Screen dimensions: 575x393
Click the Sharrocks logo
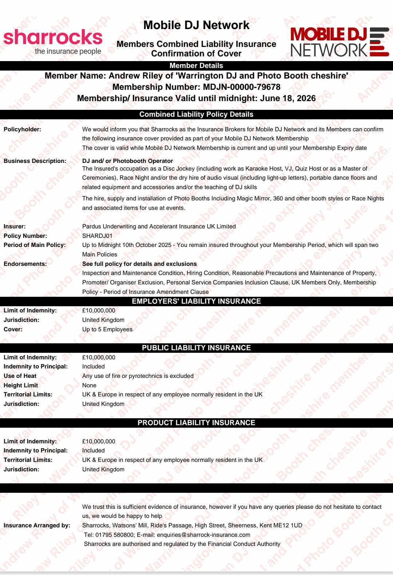coord(53,41)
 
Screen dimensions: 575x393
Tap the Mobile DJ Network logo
coord(340,42)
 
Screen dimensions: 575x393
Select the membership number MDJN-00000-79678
coord(242,87)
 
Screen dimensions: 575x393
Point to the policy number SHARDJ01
coord(97,236)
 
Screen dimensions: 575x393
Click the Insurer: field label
coord(15,226)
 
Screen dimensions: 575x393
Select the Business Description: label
coord(35,161)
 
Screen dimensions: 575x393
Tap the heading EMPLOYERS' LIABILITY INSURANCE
coord(196,301)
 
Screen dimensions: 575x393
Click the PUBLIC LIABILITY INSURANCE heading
coord(196,348)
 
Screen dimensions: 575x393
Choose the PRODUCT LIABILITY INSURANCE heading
coord(196,423)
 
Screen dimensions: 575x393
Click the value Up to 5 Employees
coord(107,329)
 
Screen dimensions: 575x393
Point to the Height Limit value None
coord(89,385)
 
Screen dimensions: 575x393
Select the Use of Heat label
coord(20,376)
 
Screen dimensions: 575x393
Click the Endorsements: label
coord(25,264)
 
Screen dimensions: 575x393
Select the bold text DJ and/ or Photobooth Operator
coord(127,161)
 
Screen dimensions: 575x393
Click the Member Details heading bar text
coord(196,66)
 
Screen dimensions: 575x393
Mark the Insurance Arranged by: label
coord(37,525)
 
